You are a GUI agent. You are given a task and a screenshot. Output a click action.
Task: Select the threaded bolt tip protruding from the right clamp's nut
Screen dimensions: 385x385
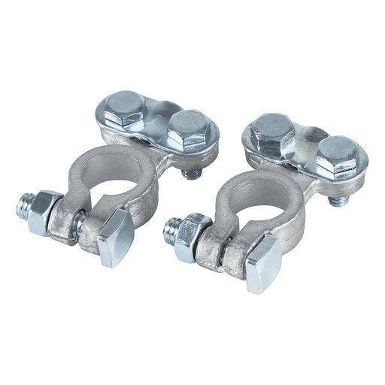[170, 228]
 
